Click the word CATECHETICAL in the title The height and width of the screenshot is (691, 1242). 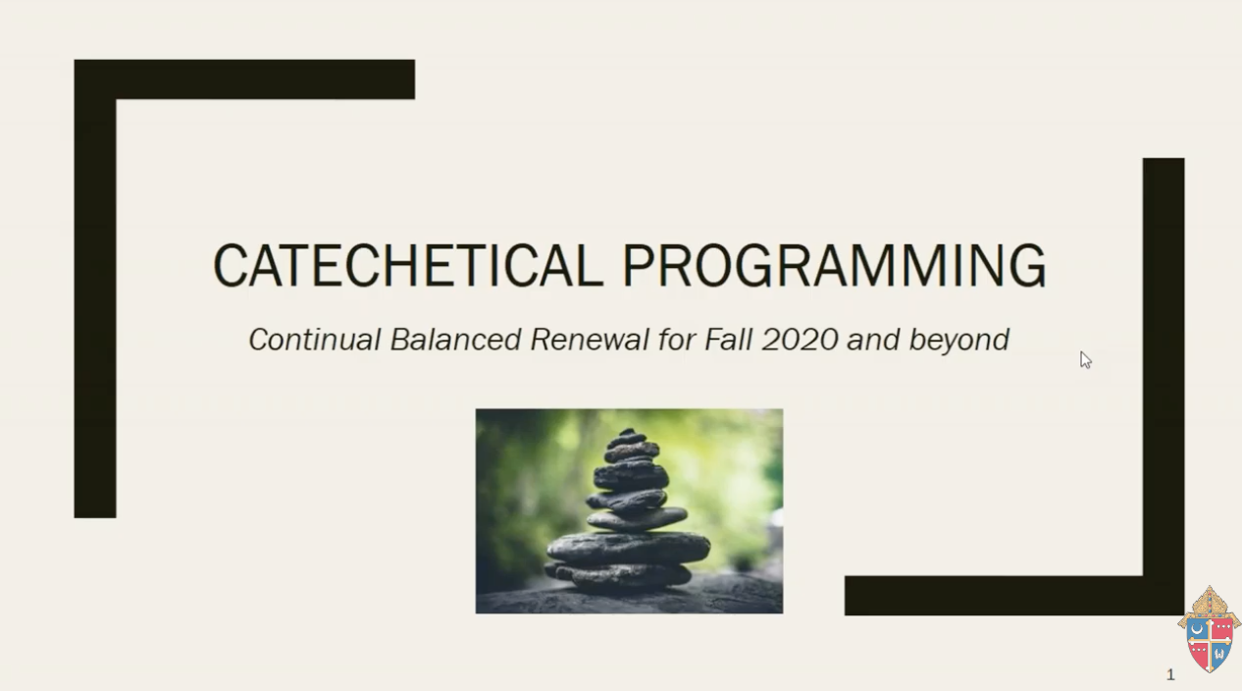point(408,266)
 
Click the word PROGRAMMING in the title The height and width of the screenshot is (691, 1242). point(835,266)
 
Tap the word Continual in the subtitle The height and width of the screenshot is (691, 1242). point(315,340)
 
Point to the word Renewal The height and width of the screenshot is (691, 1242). point(590,340)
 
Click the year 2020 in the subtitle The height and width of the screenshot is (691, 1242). point(800,340)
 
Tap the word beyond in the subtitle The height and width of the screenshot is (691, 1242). point(959,341)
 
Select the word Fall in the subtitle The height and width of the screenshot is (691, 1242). point(729,340)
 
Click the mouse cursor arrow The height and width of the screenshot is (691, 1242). point(1085,360)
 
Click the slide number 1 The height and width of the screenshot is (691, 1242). point(1170,674)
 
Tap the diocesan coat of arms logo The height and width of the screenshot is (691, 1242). point(1210,629)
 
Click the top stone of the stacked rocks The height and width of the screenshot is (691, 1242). point(628,433)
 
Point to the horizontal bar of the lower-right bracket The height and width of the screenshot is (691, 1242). point(1014,596)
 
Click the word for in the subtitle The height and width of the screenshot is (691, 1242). point(677,340)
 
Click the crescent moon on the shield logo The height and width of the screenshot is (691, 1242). point(1198,630)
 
